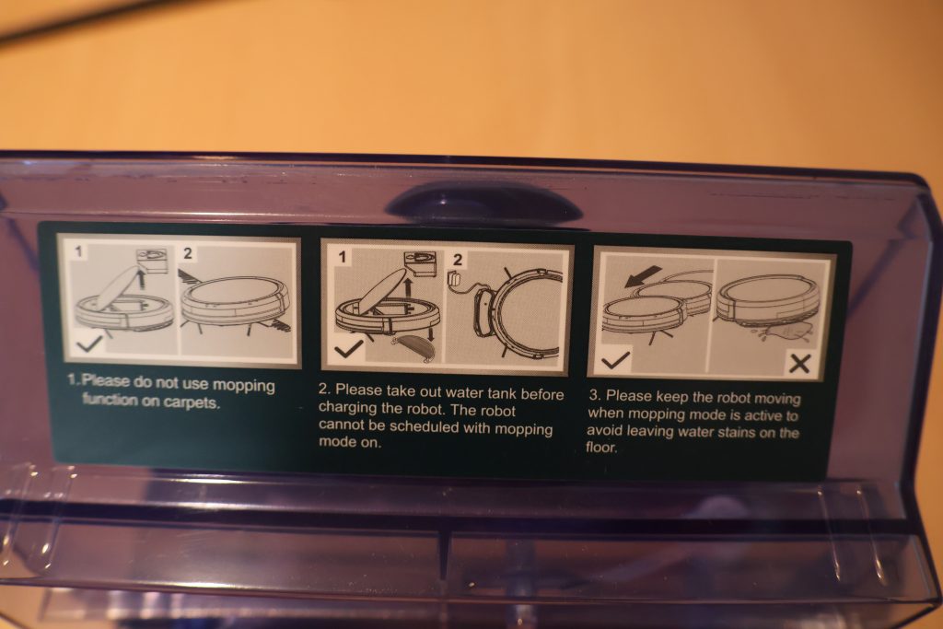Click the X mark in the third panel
798,363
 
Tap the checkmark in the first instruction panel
90,344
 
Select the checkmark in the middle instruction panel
348,349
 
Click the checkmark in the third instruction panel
616,359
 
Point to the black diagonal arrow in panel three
642,276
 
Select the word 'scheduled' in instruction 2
425,427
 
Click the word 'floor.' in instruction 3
601,448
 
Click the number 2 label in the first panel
188,253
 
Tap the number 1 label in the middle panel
342,257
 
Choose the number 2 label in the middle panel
458,260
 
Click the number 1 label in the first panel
78,251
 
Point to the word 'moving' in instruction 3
777,399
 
